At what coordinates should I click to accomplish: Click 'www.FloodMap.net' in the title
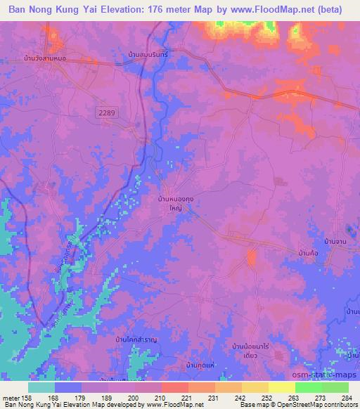pyautogui.click(x=269, y=10)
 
